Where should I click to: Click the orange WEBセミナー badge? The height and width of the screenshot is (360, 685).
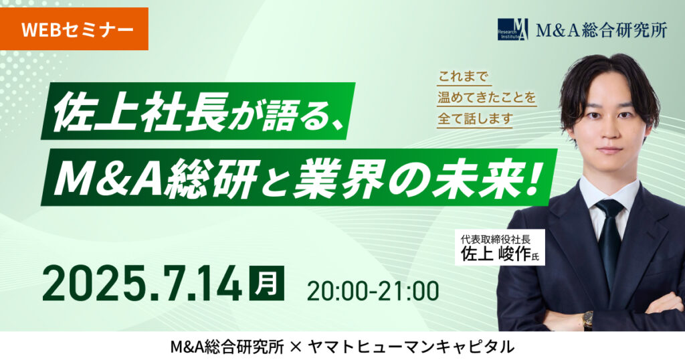[x=74, y=29]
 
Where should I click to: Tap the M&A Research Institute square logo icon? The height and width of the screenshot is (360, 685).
[x=513, y=29]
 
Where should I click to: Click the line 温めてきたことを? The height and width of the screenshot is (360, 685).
[x=487, y=97]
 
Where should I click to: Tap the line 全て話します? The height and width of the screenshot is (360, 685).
[x=475, y=118]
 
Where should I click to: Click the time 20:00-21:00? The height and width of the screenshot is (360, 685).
[x=373, y=291]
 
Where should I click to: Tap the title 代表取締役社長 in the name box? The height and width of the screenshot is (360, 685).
[x=496, y=240]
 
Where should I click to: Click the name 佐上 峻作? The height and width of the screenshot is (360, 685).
[x=496, y=254]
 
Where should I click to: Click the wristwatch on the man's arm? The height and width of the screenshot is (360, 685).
[x=588, y=321]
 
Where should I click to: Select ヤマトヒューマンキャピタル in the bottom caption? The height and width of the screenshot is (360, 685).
[x=411, y=347]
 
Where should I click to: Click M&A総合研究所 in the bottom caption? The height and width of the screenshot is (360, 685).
[x=227, y=347]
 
